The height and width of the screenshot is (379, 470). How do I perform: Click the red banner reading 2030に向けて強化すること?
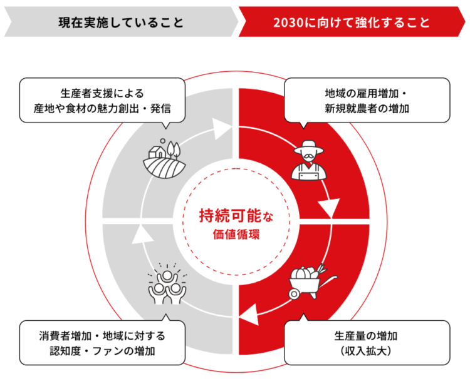pyautogui.click(x=351, y=23)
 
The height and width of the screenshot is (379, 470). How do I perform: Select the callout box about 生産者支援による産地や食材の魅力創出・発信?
pyautogui.click(x=102, y=101)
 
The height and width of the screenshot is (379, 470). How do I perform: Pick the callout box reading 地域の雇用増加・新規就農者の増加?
pyautogui.click(x=367, y=101)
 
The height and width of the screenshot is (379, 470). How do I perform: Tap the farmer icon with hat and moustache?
pyautogui.click(x=308, y=161)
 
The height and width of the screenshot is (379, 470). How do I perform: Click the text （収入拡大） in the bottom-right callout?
pyautogui.click(x=367, y=351)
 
